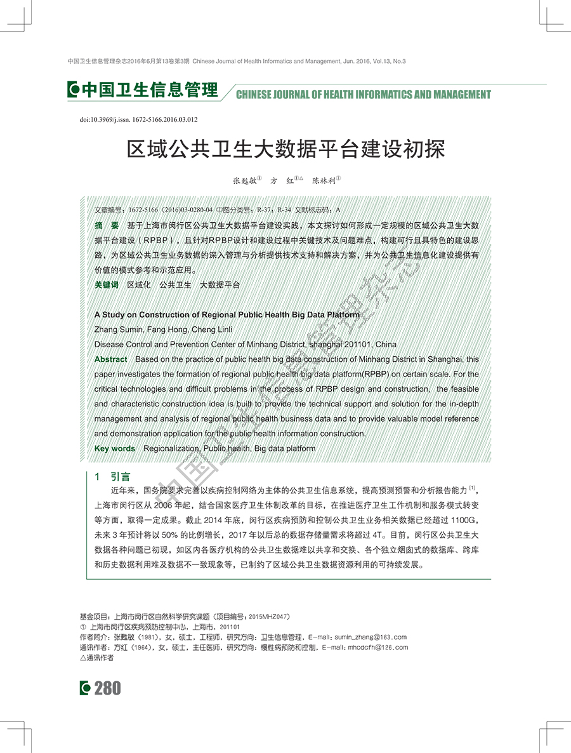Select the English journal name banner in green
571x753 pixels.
pyautogui.click(x=363, y=95)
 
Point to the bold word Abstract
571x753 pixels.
pyautogui.click(x=110, y=359)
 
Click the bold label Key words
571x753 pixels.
pyautogui.click(x=114, y=448)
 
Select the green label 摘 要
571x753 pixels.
pyautogui.click(x=106, y=225)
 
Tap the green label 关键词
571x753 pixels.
pyautogui.click(x=106, y=285)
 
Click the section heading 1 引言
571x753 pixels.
pyautogui.click(x=112, y=476)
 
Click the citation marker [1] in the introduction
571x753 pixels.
pyautogui.click(x=472, y=488)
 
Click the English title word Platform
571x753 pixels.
pyautogui.click(x=342, y=314)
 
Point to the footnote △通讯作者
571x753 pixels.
pyautogui.click(x=96, y=658)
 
